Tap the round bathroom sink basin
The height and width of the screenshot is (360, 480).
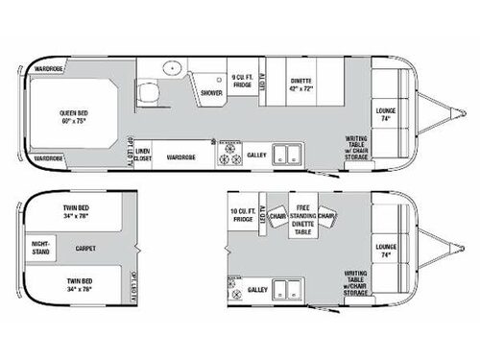[173, 68]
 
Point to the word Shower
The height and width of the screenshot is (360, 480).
[211, 93]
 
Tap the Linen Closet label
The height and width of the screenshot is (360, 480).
[143, 156]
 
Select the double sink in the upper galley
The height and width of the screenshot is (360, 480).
[285, 153]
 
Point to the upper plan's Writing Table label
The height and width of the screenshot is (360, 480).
[357, 143]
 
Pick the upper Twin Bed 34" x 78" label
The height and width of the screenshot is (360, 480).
[77, 214]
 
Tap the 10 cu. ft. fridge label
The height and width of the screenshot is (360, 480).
[242, 217]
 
